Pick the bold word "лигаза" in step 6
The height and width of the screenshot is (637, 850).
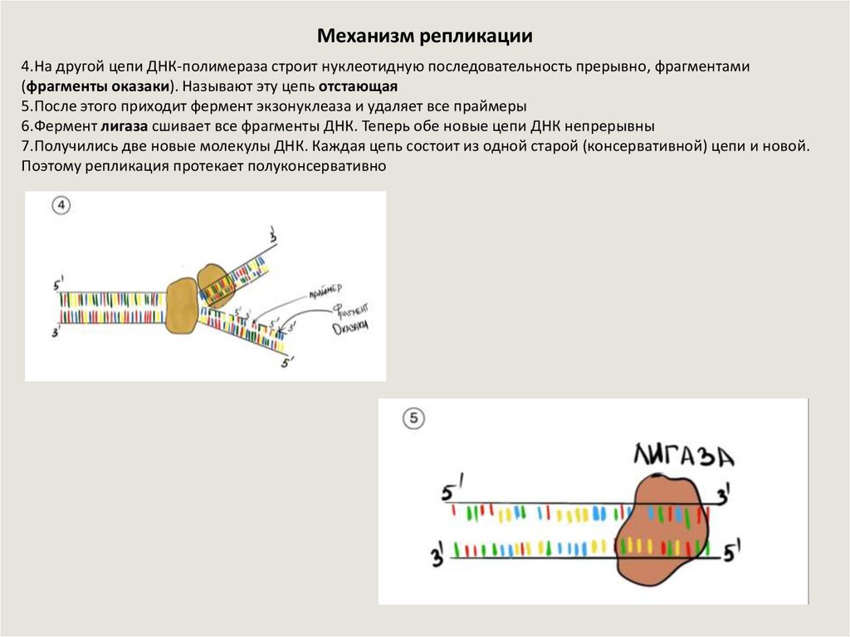pyautogui.click(x=123, y=126)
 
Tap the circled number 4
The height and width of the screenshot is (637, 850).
pyautogui.click(x=61, y=206)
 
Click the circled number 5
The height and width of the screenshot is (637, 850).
pyautogui.click(x=413, y=419)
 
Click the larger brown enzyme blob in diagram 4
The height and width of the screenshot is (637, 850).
pyautogui.click(x=181, y=306)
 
